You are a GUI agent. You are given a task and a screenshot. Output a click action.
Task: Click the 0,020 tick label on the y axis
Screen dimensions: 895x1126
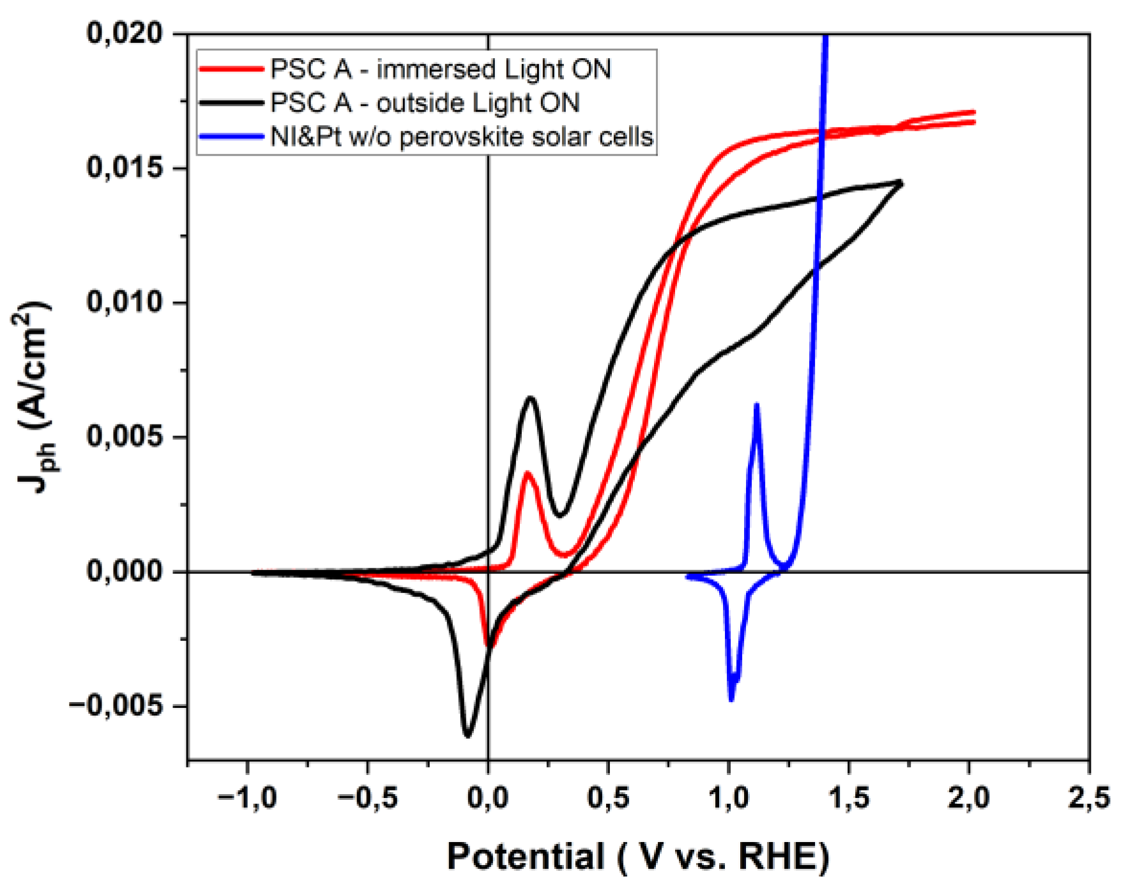pos(125,33)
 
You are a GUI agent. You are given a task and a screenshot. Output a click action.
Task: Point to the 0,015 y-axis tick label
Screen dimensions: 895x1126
pos(125,168)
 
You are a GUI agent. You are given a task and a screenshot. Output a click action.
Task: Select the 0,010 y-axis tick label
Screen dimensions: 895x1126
pos(125,302)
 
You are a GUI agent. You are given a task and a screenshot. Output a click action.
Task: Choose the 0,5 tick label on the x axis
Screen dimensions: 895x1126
pos(608,798)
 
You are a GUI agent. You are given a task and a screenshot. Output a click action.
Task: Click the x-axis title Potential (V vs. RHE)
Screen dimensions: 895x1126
pos(637,857)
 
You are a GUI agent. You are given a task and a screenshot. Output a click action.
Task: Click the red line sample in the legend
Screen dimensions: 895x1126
pos(231,69)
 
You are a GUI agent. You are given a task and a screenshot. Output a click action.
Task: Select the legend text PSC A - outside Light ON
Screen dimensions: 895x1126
pos(425,103)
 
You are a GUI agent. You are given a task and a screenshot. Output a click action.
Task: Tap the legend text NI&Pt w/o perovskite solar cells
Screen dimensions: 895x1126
pos(462,137)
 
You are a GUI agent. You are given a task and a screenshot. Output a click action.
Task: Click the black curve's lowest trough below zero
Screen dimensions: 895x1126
pos(468,735)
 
